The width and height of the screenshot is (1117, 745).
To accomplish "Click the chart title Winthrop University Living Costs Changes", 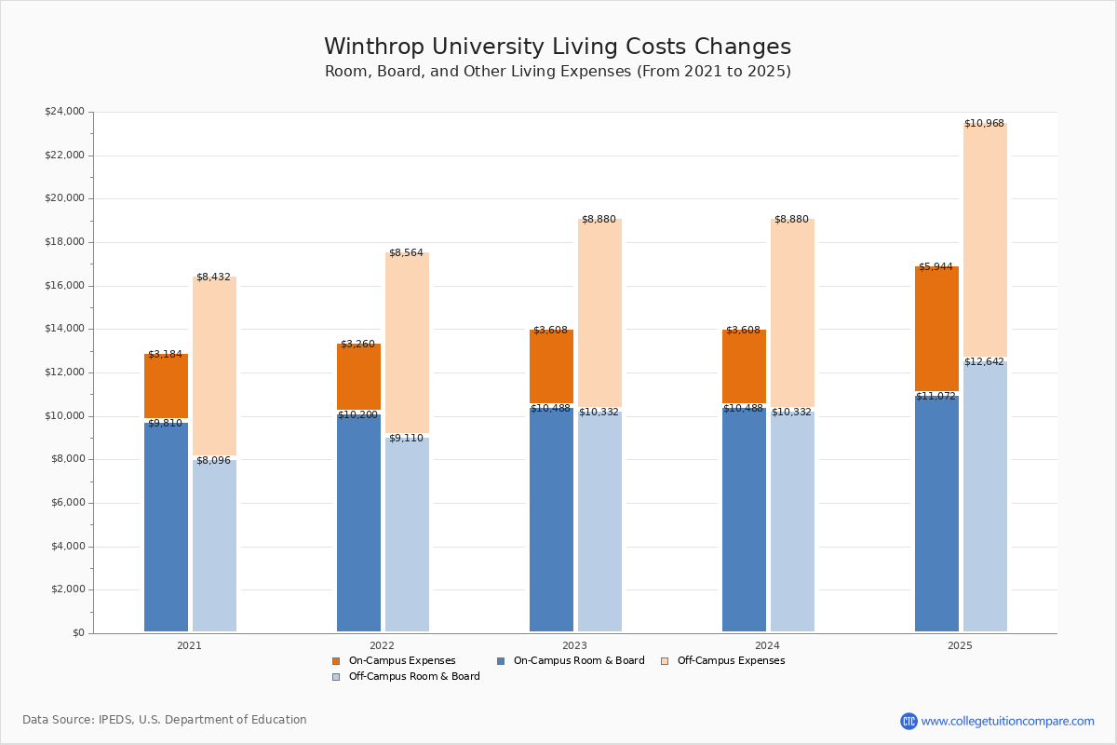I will (558, 47).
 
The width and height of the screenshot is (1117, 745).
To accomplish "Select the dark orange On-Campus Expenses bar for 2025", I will (936, 328).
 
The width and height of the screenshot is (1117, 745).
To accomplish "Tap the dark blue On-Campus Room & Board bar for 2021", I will (166, 526).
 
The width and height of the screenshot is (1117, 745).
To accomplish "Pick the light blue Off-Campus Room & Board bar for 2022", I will (407, 535).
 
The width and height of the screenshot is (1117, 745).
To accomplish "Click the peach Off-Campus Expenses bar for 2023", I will (599, 313).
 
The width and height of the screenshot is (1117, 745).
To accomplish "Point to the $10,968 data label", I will (984, 124).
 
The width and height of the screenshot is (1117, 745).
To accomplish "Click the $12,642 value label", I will (984, 362).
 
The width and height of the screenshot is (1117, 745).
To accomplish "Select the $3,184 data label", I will (165, 355).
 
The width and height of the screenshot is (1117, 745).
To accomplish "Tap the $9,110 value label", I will (406, 439).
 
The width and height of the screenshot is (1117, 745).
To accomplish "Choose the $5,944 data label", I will (935, 267).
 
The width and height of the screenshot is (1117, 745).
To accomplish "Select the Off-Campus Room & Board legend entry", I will (414, 677).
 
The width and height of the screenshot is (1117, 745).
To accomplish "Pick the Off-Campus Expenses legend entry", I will (731, 661).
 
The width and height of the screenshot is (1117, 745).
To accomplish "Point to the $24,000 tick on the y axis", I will (64, 112).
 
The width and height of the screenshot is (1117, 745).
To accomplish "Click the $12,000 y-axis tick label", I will (64, 372).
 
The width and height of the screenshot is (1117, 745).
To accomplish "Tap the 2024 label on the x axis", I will (767, 645).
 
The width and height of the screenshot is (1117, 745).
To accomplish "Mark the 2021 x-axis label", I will (189, 645).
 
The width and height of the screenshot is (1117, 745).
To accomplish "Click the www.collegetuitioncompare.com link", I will (1007, 721).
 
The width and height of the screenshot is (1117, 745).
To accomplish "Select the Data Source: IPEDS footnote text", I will (165, 720).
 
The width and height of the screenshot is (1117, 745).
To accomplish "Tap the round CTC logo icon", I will (908, 721).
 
